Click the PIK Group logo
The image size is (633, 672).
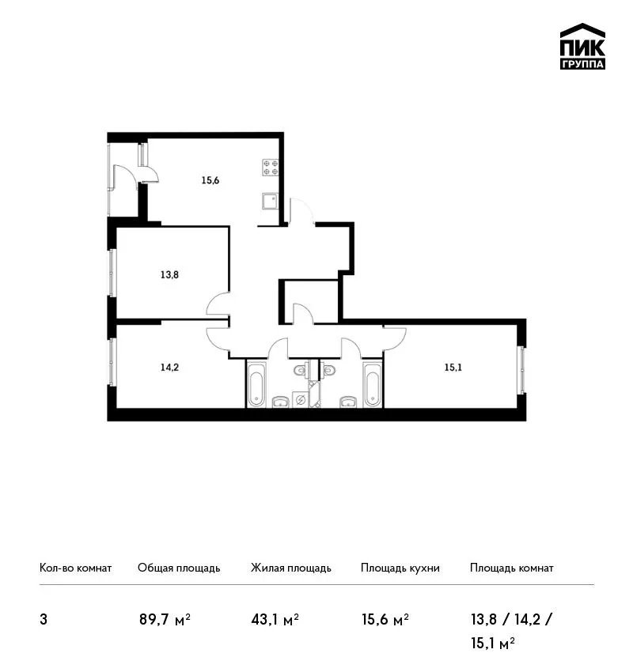pos(582,47)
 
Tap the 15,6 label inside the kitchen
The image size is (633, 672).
pos(210,180)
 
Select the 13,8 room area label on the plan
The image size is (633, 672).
pos(169,274)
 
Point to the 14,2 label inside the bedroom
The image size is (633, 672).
pos(169,368)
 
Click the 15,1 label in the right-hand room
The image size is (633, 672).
pos(453,368)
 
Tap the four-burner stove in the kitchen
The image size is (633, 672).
pos(271,168)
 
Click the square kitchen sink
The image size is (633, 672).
pos(270,201)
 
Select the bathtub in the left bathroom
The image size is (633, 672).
pos(256,383)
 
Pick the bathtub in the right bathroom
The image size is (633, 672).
pos(371,383)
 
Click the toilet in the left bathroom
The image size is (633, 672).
pos(301,370)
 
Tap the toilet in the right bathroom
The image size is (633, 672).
pos(328,370)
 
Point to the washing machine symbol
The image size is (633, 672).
pos(300,399)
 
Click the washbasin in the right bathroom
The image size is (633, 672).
pos(348,402)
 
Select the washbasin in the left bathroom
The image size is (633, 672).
pos(281,402)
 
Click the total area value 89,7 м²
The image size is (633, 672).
pos(165,620)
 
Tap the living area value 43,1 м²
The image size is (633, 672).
pos(275,620)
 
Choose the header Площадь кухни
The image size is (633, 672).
pos(400,568)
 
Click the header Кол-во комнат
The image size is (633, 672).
pos(75,568)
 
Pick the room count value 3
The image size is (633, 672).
pos(44,620)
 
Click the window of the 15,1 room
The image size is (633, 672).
pos(522,370)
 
